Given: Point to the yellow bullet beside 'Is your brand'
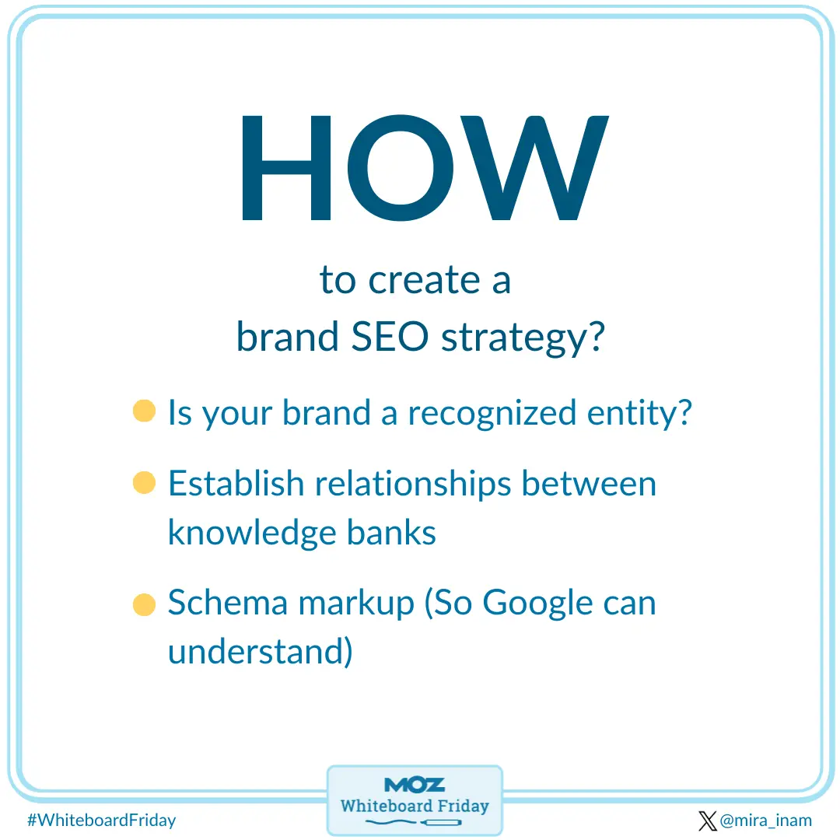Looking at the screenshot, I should (x=144, y=411).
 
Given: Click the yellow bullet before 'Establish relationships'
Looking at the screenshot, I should (x=144, y=483).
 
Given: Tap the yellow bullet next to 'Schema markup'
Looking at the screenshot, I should (x=144, y=604).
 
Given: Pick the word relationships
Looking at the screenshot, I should (x=413, y=485).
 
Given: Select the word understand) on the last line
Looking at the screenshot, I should (x=260, y=651).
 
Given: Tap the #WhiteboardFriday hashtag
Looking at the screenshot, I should (x=102, y=820).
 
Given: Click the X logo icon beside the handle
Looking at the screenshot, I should (x=707, y=821).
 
